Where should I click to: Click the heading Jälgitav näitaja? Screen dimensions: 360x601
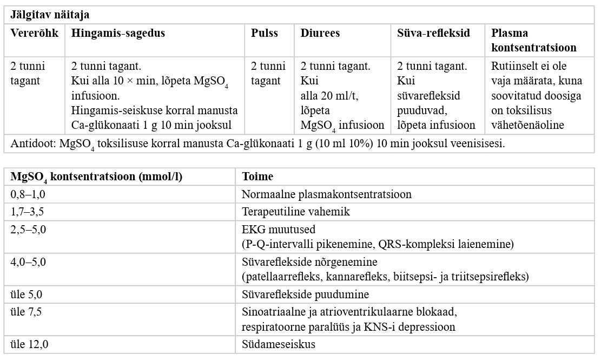click(50, 15)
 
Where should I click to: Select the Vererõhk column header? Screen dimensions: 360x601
click(34, 33)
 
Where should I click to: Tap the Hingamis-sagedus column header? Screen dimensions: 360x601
click(118, 33)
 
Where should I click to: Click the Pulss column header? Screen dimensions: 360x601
click(264, 33)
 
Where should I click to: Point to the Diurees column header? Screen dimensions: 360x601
click(320, 33)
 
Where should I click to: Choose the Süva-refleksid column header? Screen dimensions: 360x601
click(434, 33)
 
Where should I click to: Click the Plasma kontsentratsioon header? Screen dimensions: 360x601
click(533, 40)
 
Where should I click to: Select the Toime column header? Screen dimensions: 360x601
click(257, 176)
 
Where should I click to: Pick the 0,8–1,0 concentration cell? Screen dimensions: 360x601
click(28, 194)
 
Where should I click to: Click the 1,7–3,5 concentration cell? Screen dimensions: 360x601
click(28, 211)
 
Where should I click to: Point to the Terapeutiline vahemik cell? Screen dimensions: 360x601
click(295, 211)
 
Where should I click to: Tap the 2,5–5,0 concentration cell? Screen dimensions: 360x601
click(28, 229)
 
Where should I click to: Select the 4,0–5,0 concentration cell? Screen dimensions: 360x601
click(28, 262)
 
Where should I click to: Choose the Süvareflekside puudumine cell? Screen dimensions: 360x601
click(305, 295)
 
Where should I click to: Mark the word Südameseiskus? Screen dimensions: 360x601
click(278, 344)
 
